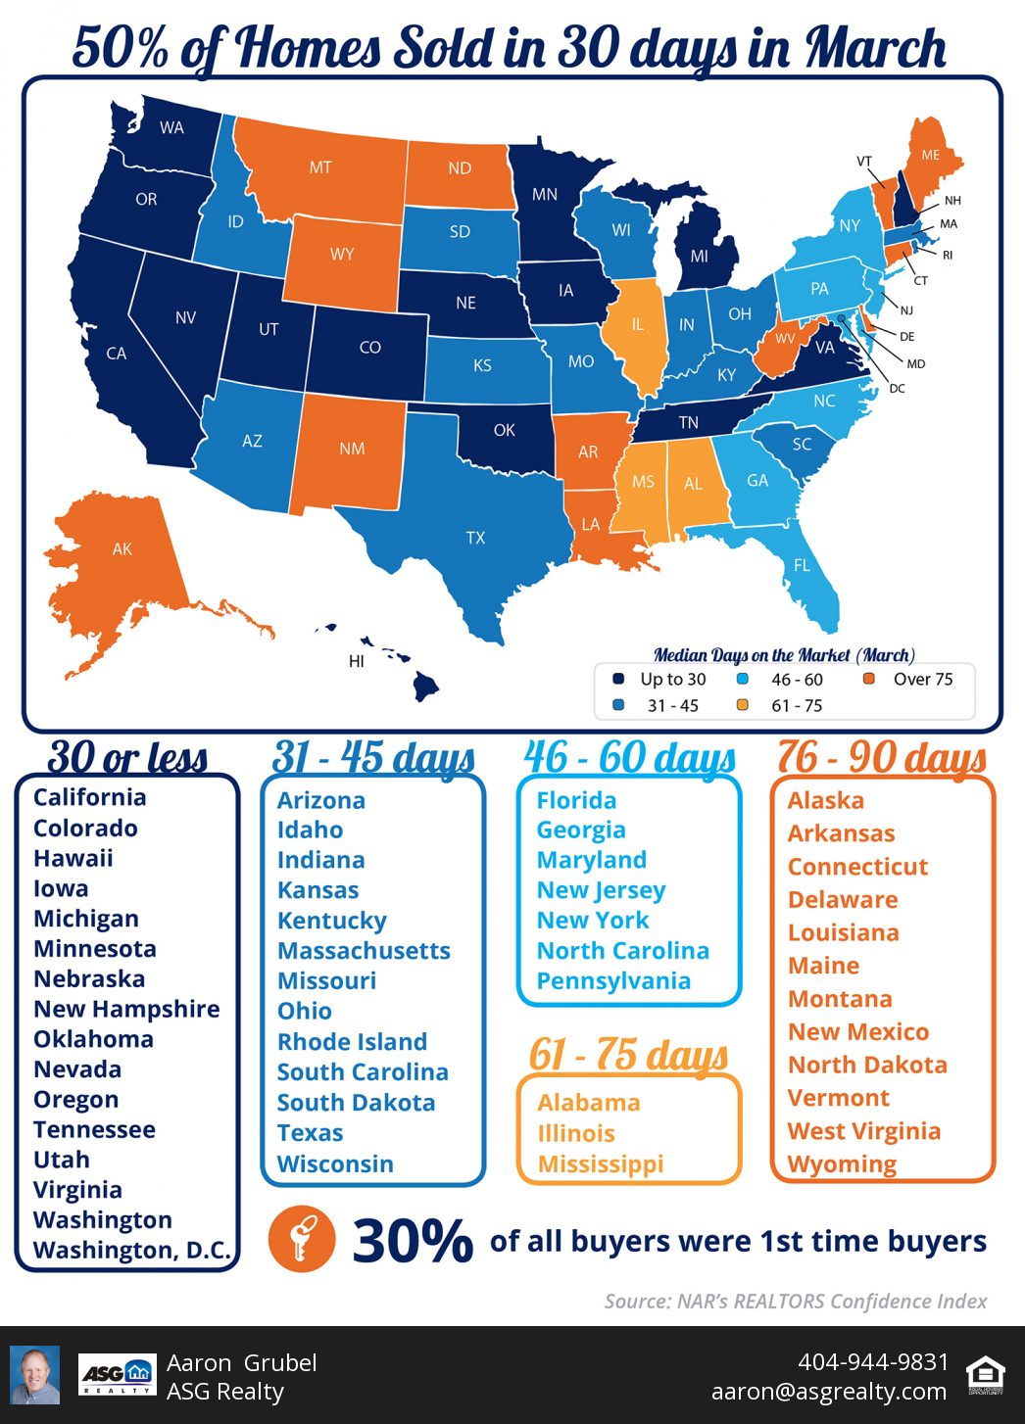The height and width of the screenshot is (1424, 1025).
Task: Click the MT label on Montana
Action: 320,167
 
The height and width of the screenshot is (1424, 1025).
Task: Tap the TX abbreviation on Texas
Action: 475,538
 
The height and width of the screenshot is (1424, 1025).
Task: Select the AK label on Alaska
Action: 122,549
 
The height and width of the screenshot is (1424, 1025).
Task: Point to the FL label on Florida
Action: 802,565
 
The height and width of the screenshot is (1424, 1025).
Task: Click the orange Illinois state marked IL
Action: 637,324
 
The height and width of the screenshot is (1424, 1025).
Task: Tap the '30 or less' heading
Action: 127,757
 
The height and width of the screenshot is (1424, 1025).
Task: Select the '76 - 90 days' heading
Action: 882,757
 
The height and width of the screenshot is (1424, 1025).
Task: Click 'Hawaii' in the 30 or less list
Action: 73,858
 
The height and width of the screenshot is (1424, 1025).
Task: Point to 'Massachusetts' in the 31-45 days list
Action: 364,950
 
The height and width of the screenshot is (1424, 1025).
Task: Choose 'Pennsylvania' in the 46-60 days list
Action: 613,980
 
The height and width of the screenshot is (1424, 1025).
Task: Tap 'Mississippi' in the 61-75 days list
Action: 601,1163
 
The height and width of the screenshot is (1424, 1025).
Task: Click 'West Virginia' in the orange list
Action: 863,1131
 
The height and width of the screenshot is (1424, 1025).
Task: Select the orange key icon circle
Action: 302,1239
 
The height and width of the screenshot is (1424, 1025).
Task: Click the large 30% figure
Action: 413,1241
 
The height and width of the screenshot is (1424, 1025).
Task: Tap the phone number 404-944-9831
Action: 873,1361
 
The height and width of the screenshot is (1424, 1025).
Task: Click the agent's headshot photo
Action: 35,1375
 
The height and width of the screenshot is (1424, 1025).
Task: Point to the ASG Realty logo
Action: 117,1375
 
